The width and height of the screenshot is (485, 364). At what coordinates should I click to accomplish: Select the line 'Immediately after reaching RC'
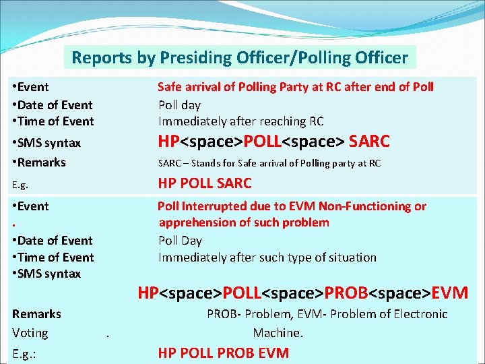click(x=240, y=121)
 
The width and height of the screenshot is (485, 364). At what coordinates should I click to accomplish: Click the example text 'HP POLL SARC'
click(x=204, y=183)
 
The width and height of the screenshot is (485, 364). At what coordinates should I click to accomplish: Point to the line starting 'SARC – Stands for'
click(x=269, y=163)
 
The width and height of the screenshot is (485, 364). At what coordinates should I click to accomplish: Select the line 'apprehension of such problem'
click(x=244, y=222)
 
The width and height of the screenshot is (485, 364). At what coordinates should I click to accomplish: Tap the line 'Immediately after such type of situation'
click(x=267, y=257)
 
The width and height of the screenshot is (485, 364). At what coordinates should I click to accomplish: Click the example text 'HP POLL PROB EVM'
click(x=223, y=353)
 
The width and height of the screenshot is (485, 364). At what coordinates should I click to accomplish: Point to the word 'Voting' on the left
click(x=30, y=333)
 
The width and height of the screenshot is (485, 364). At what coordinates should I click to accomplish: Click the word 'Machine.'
click(x=278, y=333)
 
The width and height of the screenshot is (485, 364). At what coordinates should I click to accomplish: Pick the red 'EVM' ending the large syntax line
click(x=449, y=293)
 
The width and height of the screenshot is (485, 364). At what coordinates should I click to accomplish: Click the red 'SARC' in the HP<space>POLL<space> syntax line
click(x=369, y=142)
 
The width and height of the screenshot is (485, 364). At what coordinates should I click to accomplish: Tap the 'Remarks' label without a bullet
click(x=36, y=314)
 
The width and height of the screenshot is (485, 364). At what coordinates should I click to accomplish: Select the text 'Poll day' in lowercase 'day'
click(x=179, y=105)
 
